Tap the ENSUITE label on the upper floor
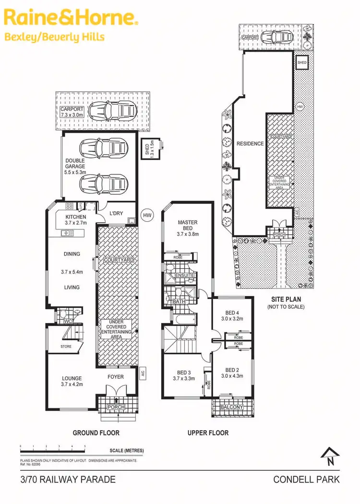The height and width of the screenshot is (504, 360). pos(185,275)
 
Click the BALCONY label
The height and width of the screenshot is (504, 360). pos(232,408)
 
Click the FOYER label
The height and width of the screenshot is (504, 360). pos(115,377)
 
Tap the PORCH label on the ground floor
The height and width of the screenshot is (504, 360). pos(117,408)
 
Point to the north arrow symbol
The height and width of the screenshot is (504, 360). pos(330,455)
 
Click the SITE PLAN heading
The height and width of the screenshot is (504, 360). pos(285,300)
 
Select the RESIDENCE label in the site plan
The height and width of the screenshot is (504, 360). pos(250,144)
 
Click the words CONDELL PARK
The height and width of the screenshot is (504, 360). pos(306,480)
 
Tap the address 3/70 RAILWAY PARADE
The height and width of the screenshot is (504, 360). pos(68,480)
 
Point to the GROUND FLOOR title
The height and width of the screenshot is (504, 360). pos(96,433)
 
